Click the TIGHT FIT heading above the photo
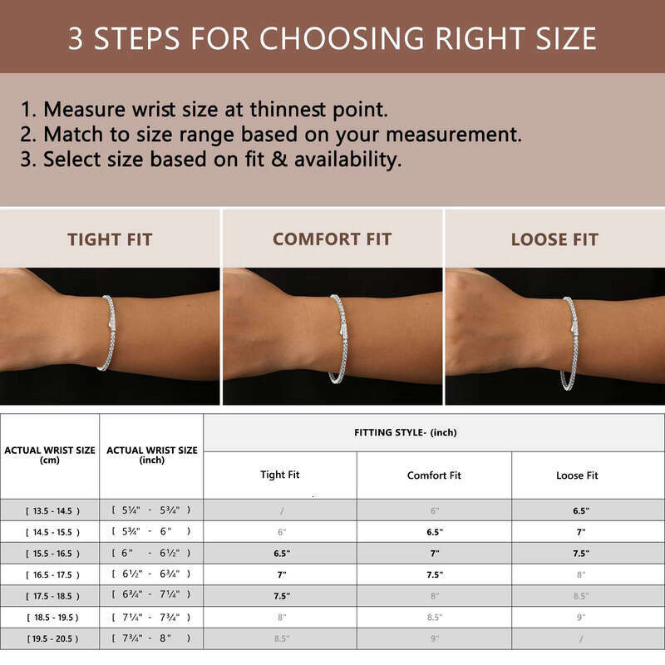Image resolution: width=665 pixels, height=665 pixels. coord(110,239)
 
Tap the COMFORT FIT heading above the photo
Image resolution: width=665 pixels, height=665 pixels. coord(332,239)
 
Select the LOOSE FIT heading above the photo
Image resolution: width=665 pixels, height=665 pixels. coord(554,239)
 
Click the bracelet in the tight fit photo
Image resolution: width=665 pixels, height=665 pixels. coord(108,332)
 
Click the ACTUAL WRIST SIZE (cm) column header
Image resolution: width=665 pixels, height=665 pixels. coord(50,455)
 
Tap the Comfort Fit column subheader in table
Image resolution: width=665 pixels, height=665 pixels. coord(434,475)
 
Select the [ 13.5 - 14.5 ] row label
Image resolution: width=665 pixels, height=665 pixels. coord(50,510)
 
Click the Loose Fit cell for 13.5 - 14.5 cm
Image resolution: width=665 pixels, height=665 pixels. coord(581,510)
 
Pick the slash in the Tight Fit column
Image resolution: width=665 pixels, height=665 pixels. coord(281,510)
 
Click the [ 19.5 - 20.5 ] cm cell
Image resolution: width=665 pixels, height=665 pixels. coord(50,638)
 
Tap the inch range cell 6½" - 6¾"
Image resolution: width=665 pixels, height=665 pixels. coord(151,574)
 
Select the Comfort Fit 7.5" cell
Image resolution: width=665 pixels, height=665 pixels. coord(434,574)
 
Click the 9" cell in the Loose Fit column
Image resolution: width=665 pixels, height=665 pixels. coord(581,617)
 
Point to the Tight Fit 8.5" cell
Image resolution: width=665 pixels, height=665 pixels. coord(281,638)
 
